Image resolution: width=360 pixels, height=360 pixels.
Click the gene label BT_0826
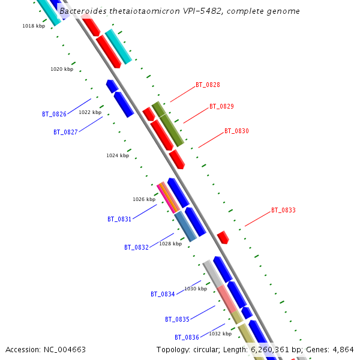(x=54, y=114)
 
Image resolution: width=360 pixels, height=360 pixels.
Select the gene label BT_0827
(x=65, y=132)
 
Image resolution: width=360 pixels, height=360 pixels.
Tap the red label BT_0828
(x=208, y=85)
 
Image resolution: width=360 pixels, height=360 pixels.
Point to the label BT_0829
(x=221, y=107)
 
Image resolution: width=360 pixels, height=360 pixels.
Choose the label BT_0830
(x=236, y=131)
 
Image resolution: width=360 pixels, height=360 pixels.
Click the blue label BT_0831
(x=119, y=220)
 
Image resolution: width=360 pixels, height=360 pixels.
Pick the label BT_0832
(x=136, y=247)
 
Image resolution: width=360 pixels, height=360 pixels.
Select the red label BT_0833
(x=283, y=211)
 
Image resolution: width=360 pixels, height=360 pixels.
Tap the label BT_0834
(x=163, y=295)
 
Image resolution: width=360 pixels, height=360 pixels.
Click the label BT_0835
(x=177, y=320)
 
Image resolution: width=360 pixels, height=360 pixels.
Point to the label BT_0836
(x=187, y=338)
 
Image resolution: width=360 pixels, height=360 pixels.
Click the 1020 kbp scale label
(x=62, y=70)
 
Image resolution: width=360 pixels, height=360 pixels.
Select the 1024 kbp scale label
(x=118, y=155)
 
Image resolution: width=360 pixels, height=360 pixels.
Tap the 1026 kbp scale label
(x=144, y=199)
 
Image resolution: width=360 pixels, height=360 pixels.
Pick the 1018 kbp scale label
(x=34, y=26)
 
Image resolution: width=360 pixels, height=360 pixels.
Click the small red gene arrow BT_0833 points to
(x=223, y=237)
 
